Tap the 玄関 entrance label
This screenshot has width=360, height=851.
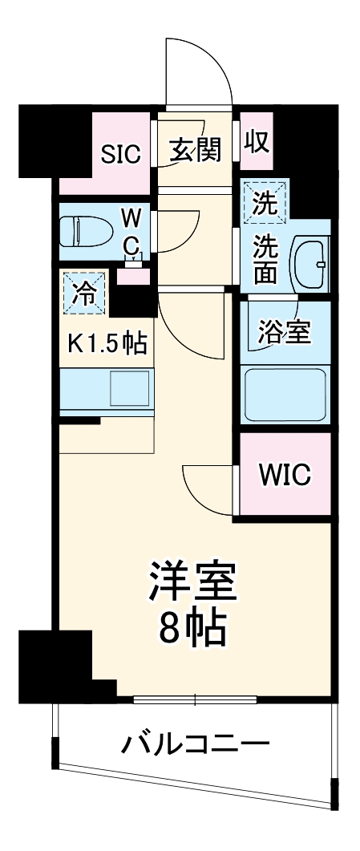[195, 149]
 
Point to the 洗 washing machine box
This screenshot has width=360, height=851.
[264, 201]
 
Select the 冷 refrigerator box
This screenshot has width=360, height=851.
[83, 292]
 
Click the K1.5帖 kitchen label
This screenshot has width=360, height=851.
[106, 342]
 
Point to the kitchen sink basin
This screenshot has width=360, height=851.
[129, 390]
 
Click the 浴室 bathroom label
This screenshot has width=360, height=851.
[284, 332]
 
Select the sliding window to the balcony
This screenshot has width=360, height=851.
[195, 699]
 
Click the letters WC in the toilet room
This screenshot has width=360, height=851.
[132, 229]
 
